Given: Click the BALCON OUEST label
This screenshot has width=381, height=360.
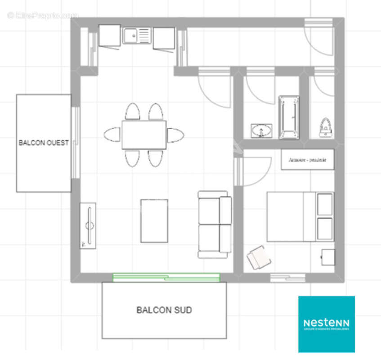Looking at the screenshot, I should tap(44, 143).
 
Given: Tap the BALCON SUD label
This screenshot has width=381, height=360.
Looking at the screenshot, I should tap(164, 310).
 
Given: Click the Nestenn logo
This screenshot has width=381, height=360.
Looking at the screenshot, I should tap(327, 324).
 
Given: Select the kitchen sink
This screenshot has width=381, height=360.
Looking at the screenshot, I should tap(137, 36).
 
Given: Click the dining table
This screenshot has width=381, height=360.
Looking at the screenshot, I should tap(144, 135).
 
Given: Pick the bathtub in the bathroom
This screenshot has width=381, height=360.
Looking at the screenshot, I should tap(289, 117).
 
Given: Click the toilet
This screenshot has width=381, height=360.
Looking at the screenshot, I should tap(325, 128).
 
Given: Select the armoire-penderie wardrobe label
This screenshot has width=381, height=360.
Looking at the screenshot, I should tap(308, 160).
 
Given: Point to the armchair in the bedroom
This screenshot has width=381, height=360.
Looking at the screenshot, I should tap(259, 258).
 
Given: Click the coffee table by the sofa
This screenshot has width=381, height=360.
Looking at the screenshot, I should tap(154, 220).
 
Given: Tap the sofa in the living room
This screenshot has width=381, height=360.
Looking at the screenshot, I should tap(215, 225).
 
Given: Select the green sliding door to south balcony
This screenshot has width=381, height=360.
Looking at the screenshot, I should tap(166, 277).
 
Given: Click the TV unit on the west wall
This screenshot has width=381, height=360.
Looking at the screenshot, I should tap(88, 225).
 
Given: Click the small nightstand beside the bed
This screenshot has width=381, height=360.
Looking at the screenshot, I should tap(328, 257).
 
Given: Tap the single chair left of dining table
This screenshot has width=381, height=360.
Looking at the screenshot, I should tap(112, 135).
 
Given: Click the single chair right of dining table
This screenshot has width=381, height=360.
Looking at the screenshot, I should tap(175, 135).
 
